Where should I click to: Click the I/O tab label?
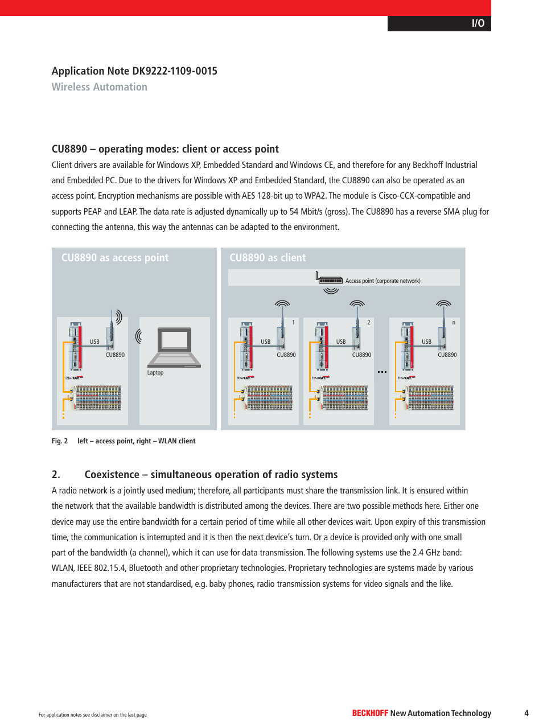pos(478,23)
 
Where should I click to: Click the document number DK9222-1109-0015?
pos(175,71)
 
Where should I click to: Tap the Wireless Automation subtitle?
pos(100,87)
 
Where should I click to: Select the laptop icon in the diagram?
pos(175,347)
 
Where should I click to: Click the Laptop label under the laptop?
pos(155,373)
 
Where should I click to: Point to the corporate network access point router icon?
pos(330,278)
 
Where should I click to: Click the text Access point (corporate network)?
pos(382,281)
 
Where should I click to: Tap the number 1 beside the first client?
pos(294,323)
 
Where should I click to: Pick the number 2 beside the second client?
pos(369,323)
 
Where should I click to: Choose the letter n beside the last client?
pos(454,323)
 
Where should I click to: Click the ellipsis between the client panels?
pos(382,372)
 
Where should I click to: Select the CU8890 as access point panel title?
pos(115,258)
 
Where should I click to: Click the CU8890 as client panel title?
pos(268,258)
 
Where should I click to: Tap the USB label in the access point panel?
pos(94,342)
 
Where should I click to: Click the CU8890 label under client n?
pos(447,355)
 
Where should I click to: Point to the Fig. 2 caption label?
pos(60,441)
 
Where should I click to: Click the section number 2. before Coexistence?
pos(56,475)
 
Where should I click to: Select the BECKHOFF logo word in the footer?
pos(370,713)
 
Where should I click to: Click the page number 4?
pos(526,713)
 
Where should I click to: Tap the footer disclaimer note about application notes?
pos(93,715)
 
